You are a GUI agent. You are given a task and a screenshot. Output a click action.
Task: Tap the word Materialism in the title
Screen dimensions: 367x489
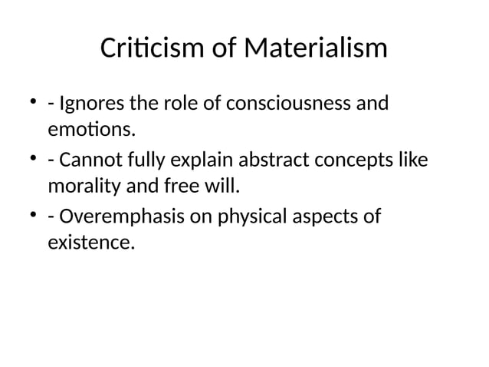(316, 51)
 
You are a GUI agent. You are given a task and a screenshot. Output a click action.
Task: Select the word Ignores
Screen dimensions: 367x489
(87, 103)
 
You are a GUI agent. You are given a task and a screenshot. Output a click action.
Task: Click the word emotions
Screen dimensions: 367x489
(91, 131)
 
